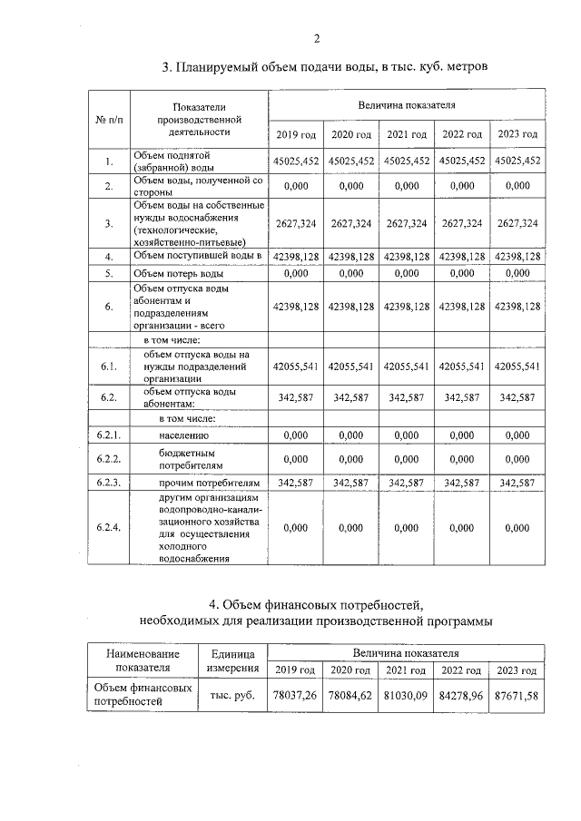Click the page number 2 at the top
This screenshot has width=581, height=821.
pos(317,38)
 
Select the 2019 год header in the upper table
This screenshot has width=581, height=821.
pos(296,134)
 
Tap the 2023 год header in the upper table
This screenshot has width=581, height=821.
pos(517,134)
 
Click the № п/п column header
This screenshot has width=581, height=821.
pos(110,120)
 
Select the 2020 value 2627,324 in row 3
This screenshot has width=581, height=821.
pos(351,223)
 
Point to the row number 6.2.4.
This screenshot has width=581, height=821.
pos(109,527)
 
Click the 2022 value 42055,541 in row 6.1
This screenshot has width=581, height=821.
pos(463,367)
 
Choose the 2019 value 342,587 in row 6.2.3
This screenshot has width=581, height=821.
pos(296,483)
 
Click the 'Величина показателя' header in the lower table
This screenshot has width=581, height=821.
pos(407,652)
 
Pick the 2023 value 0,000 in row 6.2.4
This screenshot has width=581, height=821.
pos(517,527)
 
